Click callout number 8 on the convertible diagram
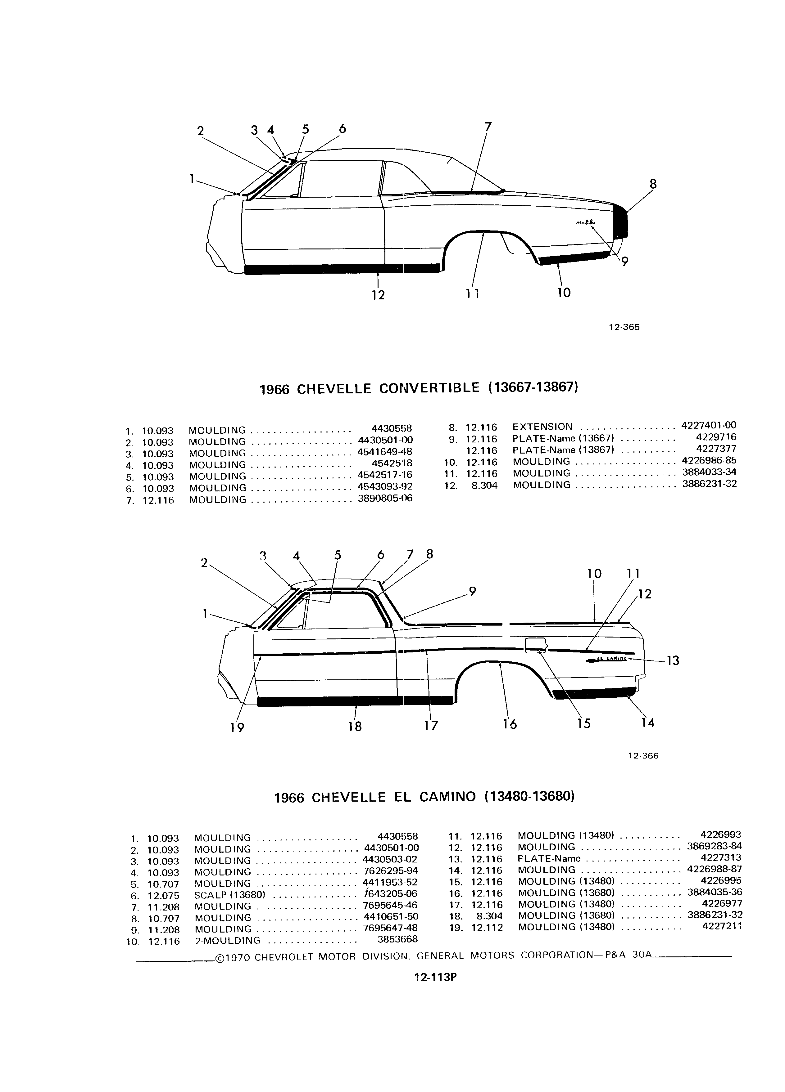[653, 184]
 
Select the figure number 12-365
[624, 327]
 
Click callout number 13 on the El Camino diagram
[672, 660]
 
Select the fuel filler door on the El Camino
[535, 645]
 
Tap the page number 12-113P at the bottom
[435, 978]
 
